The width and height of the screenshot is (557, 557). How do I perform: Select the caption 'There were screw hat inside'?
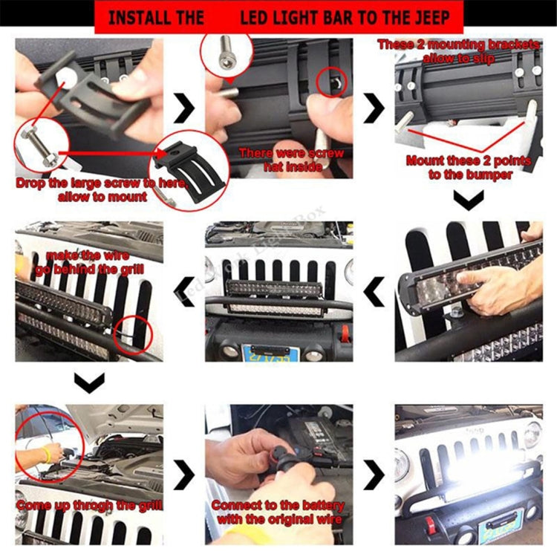coord(291,160)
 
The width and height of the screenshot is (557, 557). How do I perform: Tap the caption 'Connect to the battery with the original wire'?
coord(278,512)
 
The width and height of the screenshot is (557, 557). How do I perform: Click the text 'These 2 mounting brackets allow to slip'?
coord(459,51)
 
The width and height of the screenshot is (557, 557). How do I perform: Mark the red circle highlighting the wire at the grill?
coord(134,334)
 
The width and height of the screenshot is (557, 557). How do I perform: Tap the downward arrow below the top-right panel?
coord(469,198)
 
